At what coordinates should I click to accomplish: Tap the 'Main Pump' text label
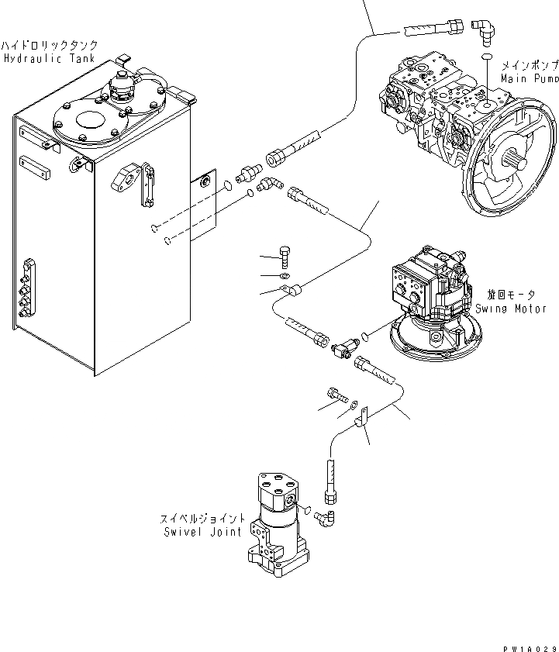point(530,79)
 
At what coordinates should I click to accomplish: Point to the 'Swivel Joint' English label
point(205,532)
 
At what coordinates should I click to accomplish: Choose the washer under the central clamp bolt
point(285,275)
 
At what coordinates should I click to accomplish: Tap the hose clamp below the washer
point(292,292)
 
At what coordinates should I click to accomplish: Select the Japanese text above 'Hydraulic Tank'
point(50,46)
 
